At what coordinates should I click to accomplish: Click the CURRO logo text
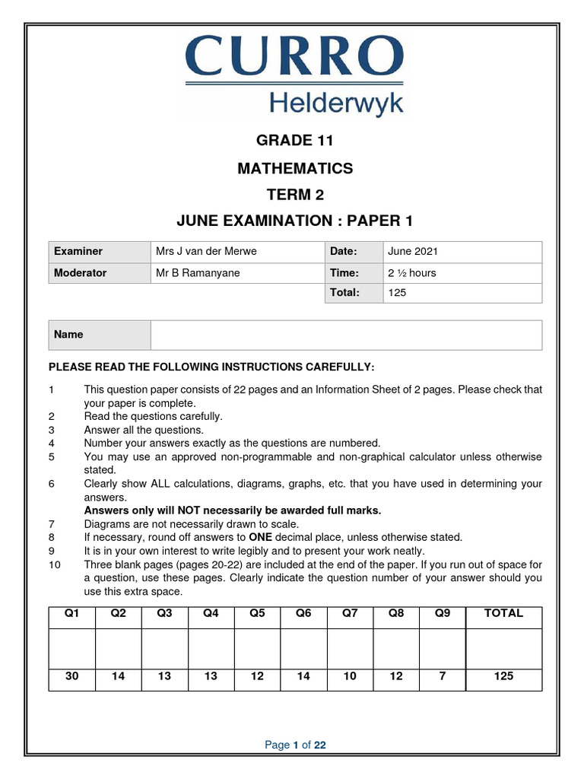pyautogui.click(x=292, y=56)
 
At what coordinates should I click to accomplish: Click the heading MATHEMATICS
pyautogui.click(x=295, y=168)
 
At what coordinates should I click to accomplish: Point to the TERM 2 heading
pyautogui.click(x=295, y=195)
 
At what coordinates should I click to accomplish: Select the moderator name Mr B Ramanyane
pyautogui.click(x=197, y=273)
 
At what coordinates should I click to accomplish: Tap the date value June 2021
pyautogui.click(x=413, y=252)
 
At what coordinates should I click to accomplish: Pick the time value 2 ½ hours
pyautogui.click(x=412, y=273)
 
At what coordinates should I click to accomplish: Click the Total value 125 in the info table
pyautogui.click(x=397, y=293)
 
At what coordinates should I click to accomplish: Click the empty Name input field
pyautogui.click(x=346, y=335)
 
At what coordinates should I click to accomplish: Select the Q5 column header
pyautogui.click(x=257, y=613)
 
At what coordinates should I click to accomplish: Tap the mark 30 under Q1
pyautogui.click(x=72, y=676)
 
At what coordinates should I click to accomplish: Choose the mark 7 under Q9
pyautogui.click(x=442, y=676)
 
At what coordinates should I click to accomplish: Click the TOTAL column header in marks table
pyautogui.click(x=503, y=613)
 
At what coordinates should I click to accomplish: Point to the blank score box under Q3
pyautogui.click(x=164, y=648)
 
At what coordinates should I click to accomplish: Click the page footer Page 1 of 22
pyautogui.click(x=295, y=745)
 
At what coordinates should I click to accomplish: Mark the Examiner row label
pyautogui.click(x=78, y=252)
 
